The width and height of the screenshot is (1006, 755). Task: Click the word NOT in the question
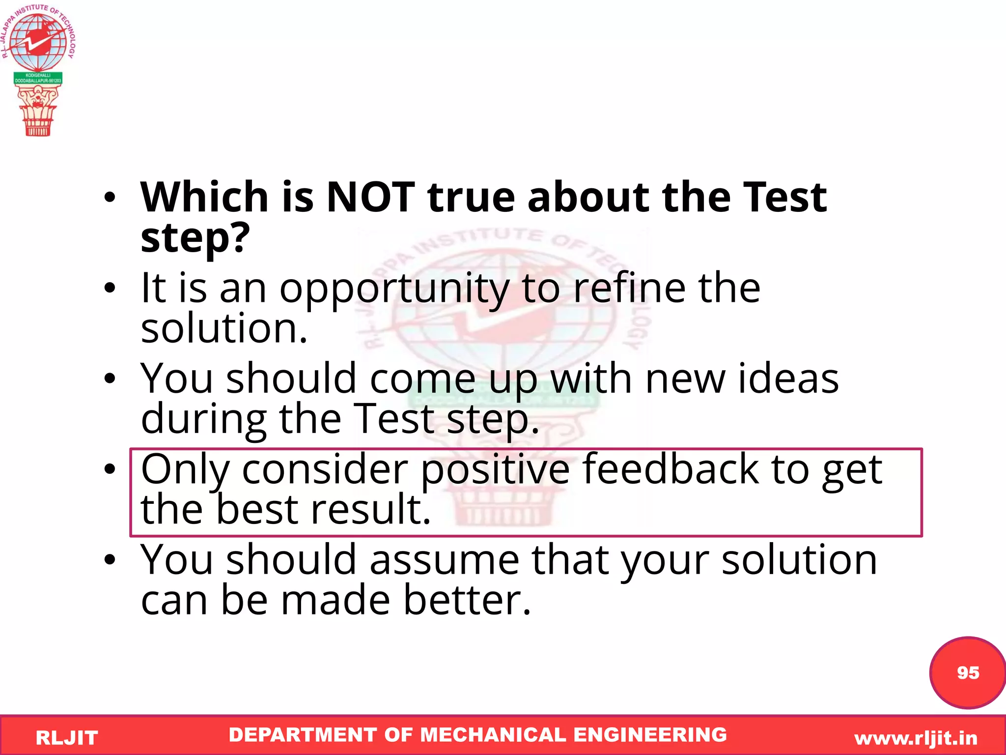point(370,197)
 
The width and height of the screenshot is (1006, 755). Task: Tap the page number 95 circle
point(967,672)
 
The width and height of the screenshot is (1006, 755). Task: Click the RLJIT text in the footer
point(67,738)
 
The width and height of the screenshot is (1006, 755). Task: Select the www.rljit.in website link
point(916,738)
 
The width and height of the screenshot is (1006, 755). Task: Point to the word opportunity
point(394,289)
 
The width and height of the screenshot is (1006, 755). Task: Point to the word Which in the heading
point(204,197)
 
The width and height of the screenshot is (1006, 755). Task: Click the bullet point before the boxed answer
point(110,469)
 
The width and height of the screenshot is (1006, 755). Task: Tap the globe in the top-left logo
point(38,41)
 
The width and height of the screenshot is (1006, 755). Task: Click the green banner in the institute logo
point(38,78)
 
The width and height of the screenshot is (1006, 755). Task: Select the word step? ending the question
point(195,238)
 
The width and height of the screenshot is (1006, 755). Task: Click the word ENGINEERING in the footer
point(650,735)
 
